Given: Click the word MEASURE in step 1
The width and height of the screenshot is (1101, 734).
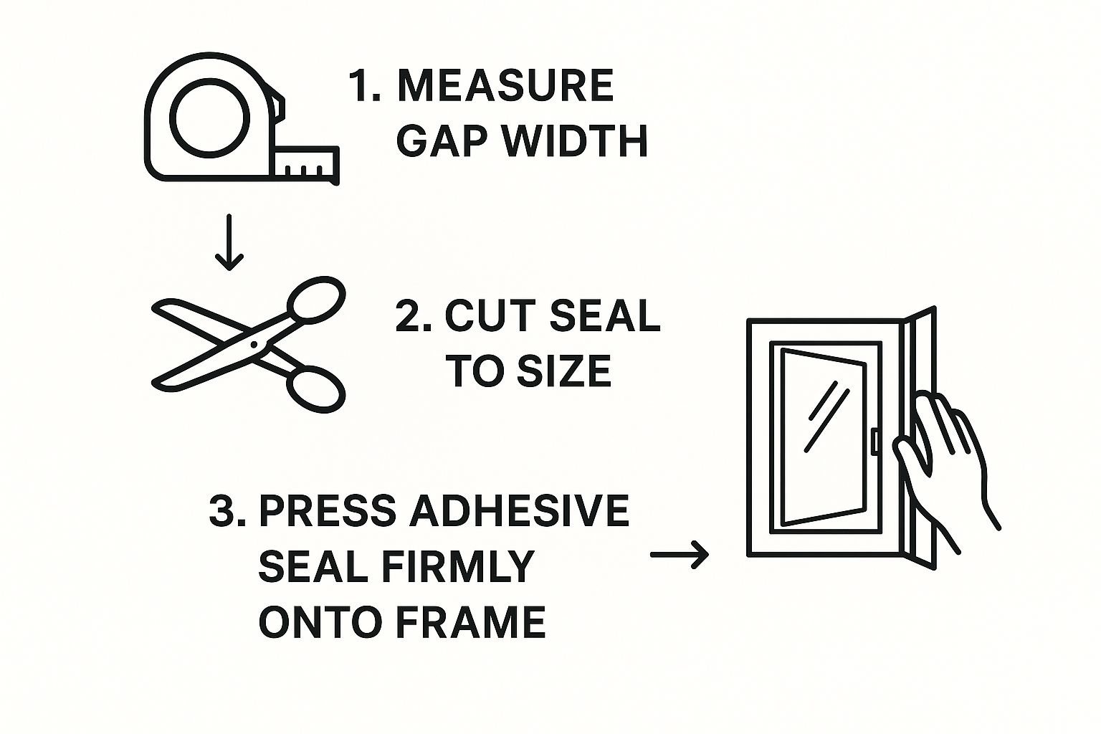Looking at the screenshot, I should [505, 86].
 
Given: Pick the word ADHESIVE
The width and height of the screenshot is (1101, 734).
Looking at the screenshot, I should [520, 511].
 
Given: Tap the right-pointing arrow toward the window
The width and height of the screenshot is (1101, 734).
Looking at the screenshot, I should [679, 554].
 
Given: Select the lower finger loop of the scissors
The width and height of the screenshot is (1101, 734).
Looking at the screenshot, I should [316, 391].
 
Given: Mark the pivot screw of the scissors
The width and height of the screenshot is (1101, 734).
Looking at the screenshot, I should [253, 344].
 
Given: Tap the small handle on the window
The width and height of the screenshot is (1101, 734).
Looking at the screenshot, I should [874, 442].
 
